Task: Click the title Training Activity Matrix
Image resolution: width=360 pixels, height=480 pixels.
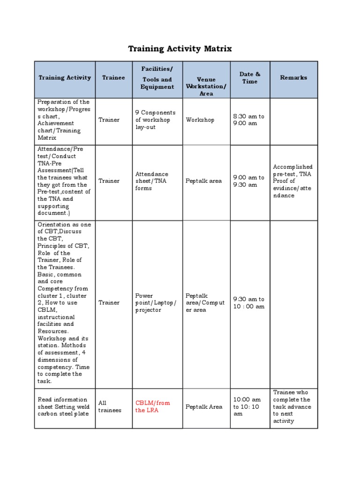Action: click(x=180, y=49)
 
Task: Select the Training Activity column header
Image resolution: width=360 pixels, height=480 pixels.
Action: click(x=65, y=78)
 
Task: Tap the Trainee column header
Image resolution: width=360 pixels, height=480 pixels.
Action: click(x=113, y=78)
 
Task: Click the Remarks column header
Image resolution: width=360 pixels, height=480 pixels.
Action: click(x=293, y=78)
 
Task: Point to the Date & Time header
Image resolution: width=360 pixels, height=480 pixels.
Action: click(x=250, y=78)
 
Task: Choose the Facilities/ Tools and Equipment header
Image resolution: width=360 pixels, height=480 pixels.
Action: click(x=157, y=78)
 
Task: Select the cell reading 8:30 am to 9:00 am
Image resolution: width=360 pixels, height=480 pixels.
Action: click(x=249, y=120)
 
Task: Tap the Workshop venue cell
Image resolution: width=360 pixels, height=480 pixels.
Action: click(x=200, y=120)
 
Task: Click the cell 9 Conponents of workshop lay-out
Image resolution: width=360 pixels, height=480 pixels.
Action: click(x=155, y=120)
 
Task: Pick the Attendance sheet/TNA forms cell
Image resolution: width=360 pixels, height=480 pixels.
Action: click(x=151, y=181)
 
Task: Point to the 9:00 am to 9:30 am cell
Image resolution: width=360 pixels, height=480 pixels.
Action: click(x=249, y=181)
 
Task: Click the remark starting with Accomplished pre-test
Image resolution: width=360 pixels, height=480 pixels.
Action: click(x=292, y=181)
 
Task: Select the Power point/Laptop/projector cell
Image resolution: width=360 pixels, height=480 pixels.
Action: click(x=156, y=303)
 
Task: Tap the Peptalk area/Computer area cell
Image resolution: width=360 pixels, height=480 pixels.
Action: click(x=205, y=303)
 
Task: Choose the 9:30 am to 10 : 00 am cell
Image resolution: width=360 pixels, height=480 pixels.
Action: click(x=249, y=303)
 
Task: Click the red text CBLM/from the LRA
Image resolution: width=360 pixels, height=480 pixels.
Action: click(x=153, y=406)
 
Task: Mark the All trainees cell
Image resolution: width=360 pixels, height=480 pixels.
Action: click(x=110, y=406)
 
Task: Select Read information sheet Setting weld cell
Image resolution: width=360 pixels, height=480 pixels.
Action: click(x=64, y=406)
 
